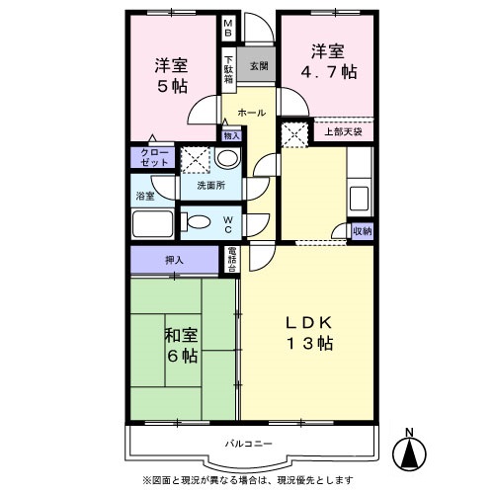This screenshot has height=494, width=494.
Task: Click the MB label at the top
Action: tap(227, 29)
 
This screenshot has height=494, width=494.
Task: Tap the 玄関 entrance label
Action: tap(258, 66)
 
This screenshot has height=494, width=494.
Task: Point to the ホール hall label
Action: tap(251, 113)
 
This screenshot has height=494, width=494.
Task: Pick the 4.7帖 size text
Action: tap(330, 72)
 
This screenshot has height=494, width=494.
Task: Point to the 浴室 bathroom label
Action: tap(144, 196)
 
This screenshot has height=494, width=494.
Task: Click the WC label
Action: tap(227, 222)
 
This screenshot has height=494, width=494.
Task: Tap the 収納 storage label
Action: tap(361, 230)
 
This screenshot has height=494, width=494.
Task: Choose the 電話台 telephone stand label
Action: tap(230, 259)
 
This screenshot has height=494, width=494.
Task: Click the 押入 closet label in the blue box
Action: tap(175, 260)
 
